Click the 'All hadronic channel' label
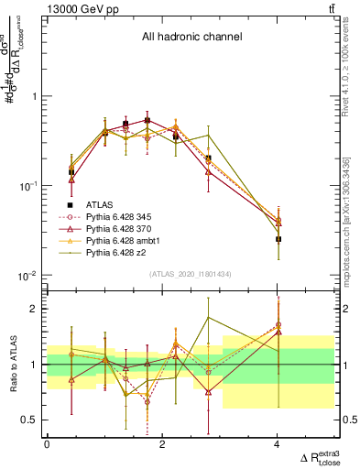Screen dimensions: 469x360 click(191, 38)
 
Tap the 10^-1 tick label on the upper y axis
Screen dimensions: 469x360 click(27, 186)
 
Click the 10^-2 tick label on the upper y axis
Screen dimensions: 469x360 click(27, 276)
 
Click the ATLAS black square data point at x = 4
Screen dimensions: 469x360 click(278, 239)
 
